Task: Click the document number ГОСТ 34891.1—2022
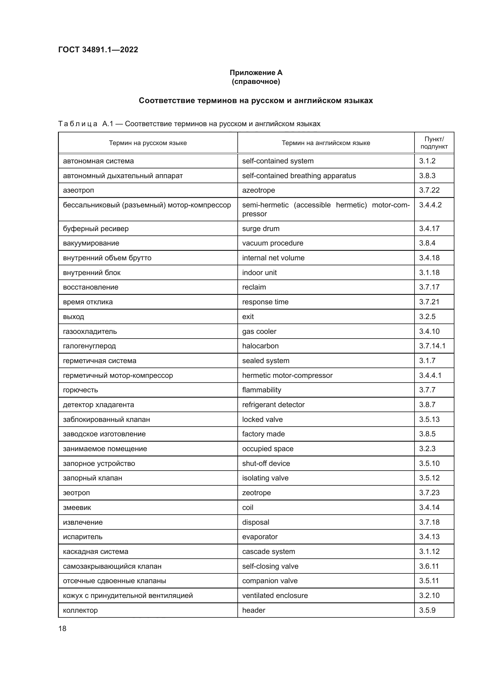coord(98,50)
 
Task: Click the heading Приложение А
coord(256,73)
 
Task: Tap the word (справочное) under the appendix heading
coord(256,82)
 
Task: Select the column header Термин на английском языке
coord(326,143)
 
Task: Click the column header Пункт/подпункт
coord(434,143)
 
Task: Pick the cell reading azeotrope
coord(258,190)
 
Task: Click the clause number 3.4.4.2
coord(430,205)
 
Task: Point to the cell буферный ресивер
coord(96,228)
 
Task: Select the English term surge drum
coord(261,228)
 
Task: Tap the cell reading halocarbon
coord(260,346)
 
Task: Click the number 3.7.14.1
coord(432,346)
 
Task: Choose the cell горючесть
coord(80,390)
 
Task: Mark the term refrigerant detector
coord(273,404)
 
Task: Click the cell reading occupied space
coord(268,449)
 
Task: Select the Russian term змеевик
coord(77,508)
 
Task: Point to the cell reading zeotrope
coord(257,493)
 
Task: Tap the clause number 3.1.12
coord(429,551)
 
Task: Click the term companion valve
coord(270,581)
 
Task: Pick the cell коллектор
coord(80,610)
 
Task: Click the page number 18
coord(62,628)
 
